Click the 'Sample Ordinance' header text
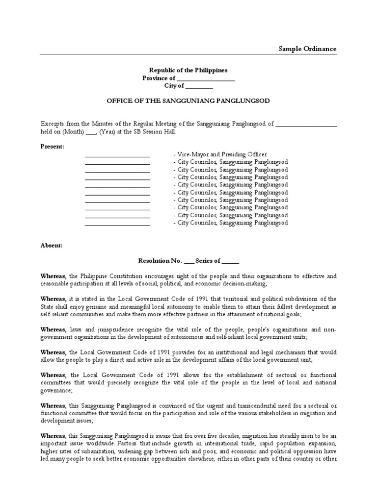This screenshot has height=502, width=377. point(307,49)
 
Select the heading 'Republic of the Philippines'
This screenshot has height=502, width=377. point(188,71)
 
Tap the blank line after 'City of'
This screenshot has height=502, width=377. point(199,86)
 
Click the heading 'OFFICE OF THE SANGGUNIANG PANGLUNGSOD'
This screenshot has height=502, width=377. point(188,100)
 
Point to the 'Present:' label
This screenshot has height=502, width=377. point(52,147)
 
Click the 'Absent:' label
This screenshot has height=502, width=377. point(52,245)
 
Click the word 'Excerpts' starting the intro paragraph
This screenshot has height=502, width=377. point(53,124)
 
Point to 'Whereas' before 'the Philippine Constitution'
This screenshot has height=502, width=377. point(53,276)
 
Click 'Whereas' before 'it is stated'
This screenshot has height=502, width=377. point(53,299)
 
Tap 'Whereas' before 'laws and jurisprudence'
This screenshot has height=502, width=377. point(53,330)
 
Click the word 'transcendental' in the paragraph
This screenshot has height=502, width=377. point(256,406)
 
